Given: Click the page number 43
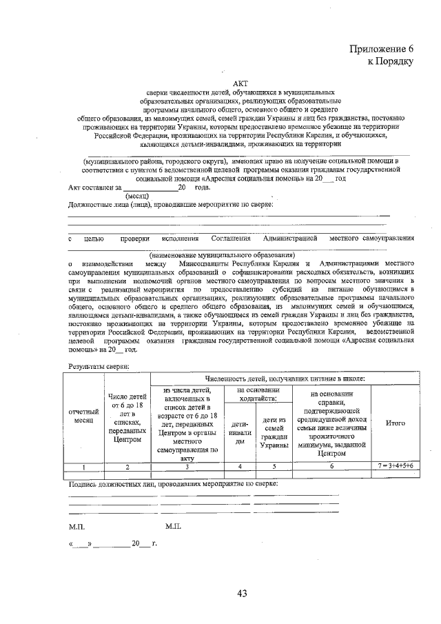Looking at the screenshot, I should click(x=241, y=592).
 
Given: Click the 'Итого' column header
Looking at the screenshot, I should click(x=395, y=422).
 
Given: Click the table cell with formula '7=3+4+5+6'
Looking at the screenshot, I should click(x=395, y=467).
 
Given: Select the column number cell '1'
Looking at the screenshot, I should click(x=83, y=467).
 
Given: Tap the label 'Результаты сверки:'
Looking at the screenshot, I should click(x=99, y=366).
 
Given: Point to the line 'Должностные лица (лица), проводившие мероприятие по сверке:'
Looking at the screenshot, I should click(x=171, y=204).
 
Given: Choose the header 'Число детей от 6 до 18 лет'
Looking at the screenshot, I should click(x=127, y=417).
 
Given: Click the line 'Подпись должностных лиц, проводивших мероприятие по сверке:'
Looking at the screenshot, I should click(x=173, y=484).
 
